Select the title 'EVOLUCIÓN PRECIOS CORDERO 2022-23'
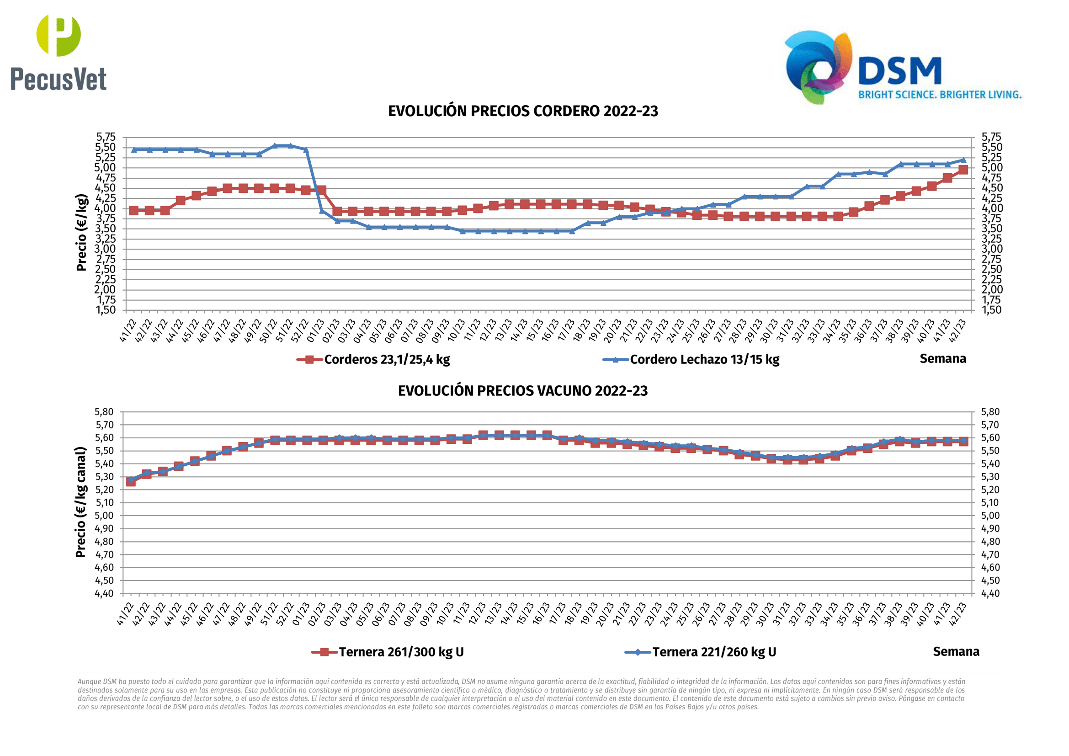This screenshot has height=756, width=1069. tap(523, 111)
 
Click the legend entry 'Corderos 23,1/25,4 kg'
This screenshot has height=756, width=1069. tap(387, 359)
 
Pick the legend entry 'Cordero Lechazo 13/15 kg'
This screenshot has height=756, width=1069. tap(704, 359)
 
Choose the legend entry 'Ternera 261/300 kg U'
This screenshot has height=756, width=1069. tap(401, 652)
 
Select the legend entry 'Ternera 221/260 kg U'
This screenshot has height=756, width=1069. tap(714, 652)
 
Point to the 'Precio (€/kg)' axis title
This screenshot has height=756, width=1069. tap(81, 232)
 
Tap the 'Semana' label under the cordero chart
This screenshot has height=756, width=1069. tap(942, 358)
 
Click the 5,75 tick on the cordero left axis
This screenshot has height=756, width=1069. tap(106, 137)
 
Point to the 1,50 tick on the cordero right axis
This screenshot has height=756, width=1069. tap(991, 310)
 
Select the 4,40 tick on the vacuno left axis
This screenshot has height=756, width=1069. tap(104, 594)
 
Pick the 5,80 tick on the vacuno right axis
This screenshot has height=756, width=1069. tap(990, 412)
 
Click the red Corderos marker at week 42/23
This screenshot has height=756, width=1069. tap(963, 170)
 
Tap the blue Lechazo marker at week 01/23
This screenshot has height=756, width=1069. tap(322, 211)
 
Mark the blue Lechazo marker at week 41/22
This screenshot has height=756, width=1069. tap(134, 150)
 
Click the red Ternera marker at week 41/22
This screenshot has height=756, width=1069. tap(131, 482)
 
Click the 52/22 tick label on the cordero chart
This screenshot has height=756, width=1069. tap(301, 331)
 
